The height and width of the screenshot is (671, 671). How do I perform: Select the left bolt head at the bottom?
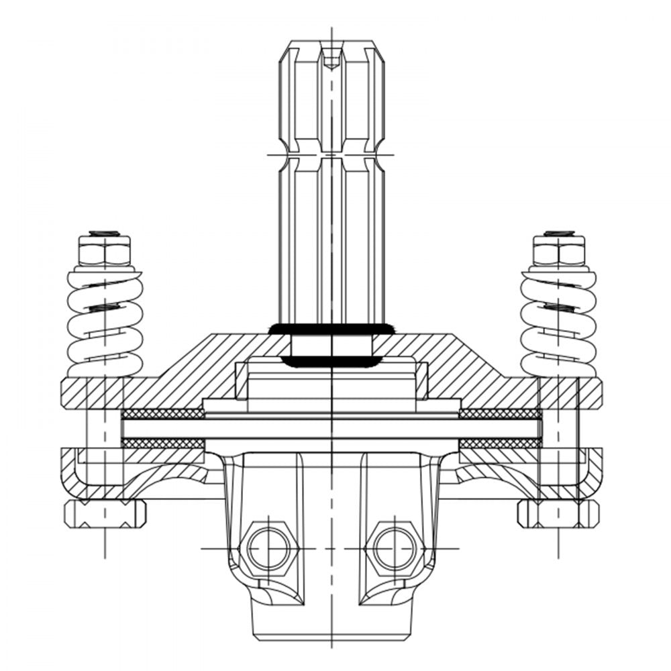coord(105,513)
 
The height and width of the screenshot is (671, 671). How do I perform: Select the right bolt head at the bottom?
coord(558,513)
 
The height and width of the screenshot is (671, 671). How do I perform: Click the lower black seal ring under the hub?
coord(331,362)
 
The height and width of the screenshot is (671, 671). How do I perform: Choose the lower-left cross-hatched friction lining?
coord(162,444)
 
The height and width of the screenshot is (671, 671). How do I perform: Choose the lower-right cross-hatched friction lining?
coord(499,444)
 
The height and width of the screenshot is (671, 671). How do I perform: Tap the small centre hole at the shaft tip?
coord(331,62)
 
